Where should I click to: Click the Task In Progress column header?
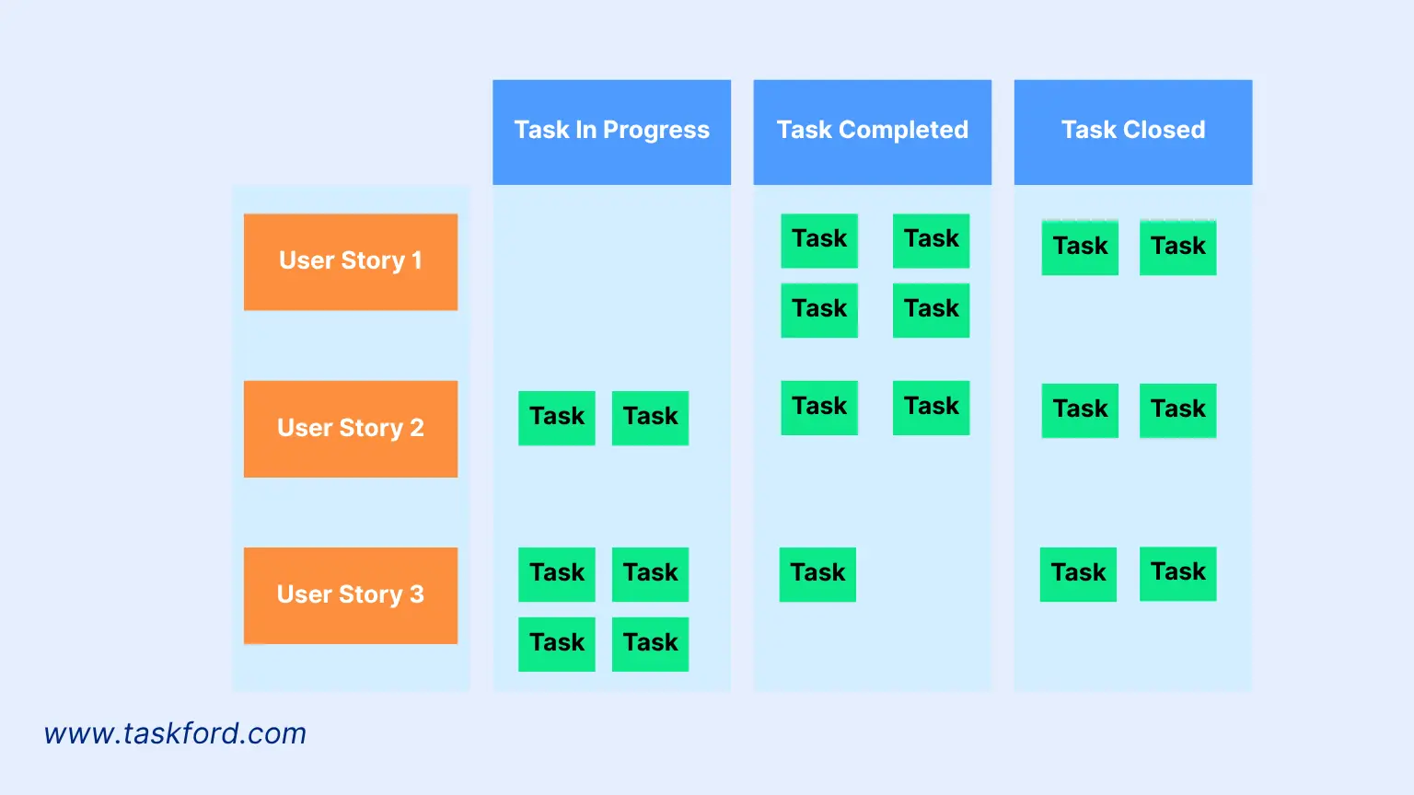pyautogui.click(x=611, y=132)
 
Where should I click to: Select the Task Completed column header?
pyautogui.click(x=872, y=132)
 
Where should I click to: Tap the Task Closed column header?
pyautogui.click(x=1132, y=132)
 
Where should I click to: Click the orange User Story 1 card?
pyautogui.click(x=350, y=261)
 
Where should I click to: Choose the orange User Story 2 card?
pyautogui.click(x=350, y=429)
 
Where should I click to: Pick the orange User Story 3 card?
pyautogui.click(x=350, y=595)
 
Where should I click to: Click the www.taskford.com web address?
pyautogui.click(x=175, y=733)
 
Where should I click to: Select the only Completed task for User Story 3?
pyautogui.click(x=817, y=574)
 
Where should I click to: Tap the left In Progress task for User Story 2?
pyautogui.click(x=556, y=418)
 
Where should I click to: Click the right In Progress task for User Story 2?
pyautogui.click(x=650, y=418)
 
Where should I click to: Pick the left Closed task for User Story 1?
pyautogui.click(x=1080, y=247)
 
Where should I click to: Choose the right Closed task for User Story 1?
pyautogui.click(x=1177, y=247)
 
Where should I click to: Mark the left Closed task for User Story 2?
pyautogui.click(x=1080, y=409)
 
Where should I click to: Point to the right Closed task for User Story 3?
pyautogui.click(x=1177, y=573)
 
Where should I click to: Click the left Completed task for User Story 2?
pyautogui.click(x=819, y=408)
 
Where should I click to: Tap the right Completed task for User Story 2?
pyautogui.click(x=931, y=408)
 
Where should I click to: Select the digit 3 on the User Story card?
pyautogui.click(x=417, y=594)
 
